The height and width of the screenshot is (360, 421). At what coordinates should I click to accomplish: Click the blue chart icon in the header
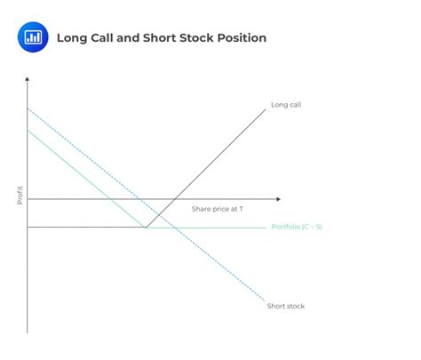click(34, 37)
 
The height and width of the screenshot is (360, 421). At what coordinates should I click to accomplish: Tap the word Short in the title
click(158, 38)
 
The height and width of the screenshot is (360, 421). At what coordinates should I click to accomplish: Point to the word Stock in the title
click(196, 38)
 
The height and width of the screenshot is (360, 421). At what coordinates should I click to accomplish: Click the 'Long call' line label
click(286, 105)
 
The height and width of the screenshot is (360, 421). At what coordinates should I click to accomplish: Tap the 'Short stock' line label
click(285, 306)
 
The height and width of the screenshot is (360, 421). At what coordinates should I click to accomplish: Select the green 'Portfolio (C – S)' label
click(296, 228)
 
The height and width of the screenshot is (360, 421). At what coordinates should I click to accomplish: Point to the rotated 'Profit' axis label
click(20, 195)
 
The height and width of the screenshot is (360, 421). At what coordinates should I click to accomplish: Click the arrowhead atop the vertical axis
click(28, 80)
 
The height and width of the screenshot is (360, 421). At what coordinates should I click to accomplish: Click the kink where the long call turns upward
click(147, 228)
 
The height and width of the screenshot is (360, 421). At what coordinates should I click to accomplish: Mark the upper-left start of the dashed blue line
click(28, 108)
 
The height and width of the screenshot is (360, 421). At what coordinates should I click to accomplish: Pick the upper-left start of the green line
click(28, 131)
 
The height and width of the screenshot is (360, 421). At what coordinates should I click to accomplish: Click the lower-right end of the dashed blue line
click(263, 300)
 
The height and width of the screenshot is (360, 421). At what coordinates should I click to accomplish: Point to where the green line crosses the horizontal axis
click(110, 199)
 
